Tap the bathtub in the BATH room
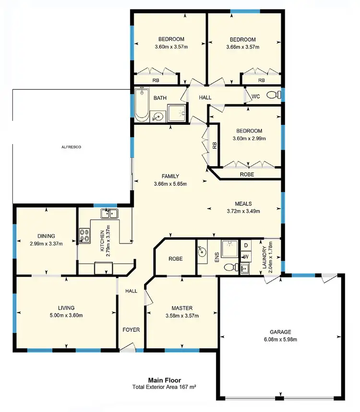[142, 104]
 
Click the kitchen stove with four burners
[84, 235]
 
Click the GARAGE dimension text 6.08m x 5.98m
[280, 339]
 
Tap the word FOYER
[131, 330]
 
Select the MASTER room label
[182, 308]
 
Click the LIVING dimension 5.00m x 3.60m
[66, 315]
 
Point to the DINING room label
[46, 236]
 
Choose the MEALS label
[243, 203]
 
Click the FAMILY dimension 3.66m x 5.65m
[170, 184]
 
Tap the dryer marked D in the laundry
[246, 246]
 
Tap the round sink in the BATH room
[157, 116]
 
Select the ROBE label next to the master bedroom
[174, 258]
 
